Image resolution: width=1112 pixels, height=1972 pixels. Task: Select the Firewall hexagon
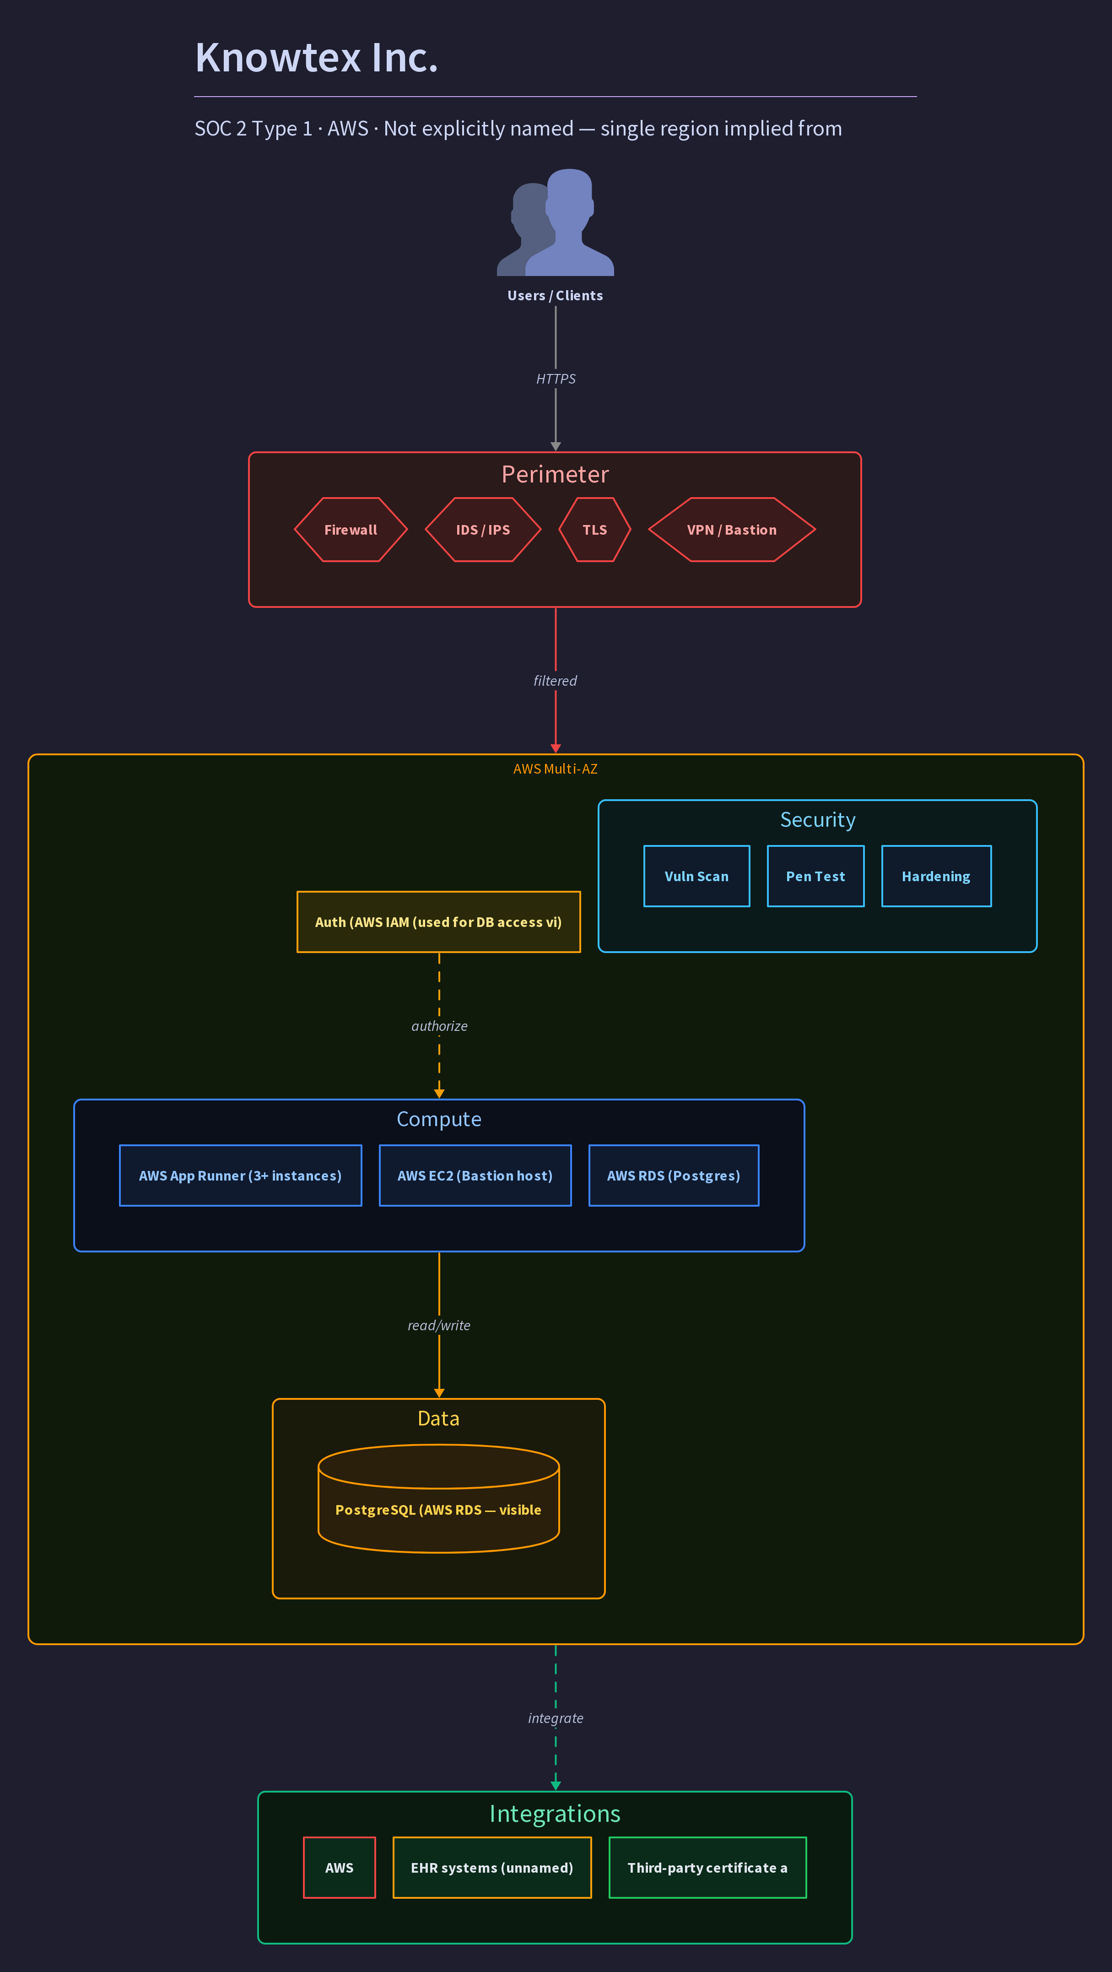pos(351,530)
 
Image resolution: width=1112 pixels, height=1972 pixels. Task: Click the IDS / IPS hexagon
pos(483,530)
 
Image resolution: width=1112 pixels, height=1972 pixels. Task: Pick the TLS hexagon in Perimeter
pos(594,530)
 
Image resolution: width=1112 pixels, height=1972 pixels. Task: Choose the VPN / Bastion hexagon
pos(732,530)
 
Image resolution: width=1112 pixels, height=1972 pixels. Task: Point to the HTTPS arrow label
pos(556,379)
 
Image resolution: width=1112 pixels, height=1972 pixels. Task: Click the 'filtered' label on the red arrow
pos(556,681)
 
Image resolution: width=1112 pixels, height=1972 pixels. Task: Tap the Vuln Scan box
pos(696,877)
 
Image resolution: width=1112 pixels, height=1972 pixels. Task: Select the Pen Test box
pos(816,877)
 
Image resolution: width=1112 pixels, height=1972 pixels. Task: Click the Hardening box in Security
pos(936,877)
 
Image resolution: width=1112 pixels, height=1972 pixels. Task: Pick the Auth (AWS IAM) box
pos(438,922)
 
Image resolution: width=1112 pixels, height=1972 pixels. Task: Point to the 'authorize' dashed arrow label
pos(439,1026)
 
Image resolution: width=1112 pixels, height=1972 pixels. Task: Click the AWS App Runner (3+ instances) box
pos(240,1176)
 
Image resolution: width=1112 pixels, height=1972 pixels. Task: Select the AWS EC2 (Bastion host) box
pos(475,1176)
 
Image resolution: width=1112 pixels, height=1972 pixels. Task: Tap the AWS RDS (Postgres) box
pos(674,1176)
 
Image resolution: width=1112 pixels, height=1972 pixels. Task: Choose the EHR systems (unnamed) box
pos(492,1868)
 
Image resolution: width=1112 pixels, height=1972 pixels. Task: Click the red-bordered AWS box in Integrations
pos(339,1868)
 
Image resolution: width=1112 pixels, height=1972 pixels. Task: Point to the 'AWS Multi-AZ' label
pos(556,769)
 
